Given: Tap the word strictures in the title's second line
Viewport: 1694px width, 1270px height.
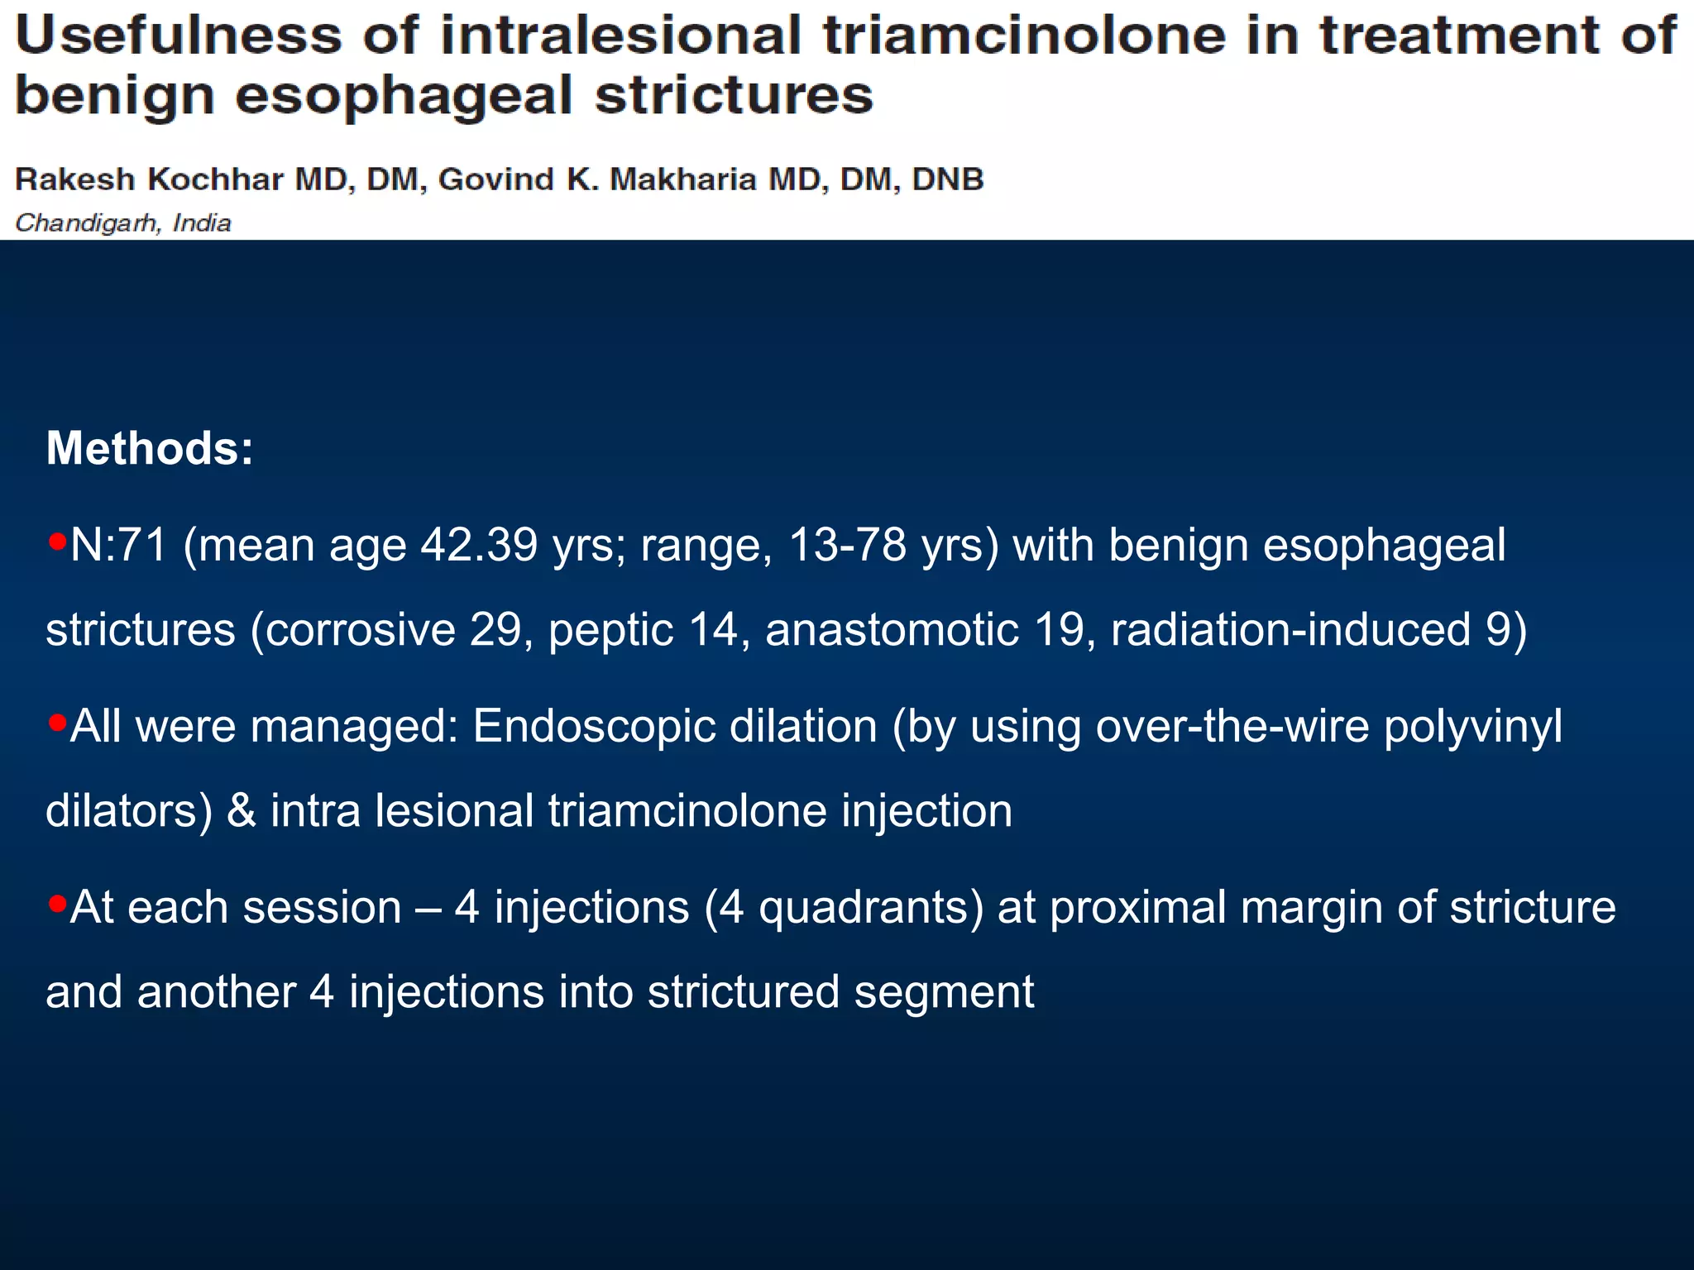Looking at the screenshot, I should pos(734,95).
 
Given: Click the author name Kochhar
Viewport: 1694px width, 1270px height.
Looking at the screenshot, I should pos(216,179).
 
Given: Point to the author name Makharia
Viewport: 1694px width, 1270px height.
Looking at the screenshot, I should pos(682,179).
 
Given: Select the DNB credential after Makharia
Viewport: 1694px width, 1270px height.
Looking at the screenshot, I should pos(947,179).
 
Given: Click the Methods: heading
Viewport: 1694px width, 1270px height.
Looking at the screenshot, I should pos(150,448).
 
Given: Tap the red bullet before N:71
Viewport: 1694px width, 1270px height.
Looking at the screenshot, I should pos(57,542).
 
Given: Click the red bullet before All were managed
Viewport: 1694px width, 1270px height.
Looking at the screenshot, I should pos(57,723).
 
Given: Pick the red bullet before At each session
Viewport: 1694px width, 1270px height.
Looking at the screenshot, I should pos(57,903).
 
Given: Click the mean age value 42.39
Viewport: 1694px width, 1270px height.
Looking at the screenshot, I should pos(479,546).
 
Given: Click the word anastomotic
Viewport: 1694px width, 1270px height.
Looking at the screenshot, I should pos(892,630).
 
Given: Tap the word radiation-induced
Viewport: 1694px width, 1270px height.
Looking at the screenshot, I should pos(1290,630).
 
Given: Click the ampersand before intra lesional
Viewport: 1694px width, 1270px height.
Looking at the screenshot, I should pos(241,811).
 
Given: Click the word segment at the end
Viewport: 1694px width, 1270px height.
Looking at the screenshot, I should pos(944,992).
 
